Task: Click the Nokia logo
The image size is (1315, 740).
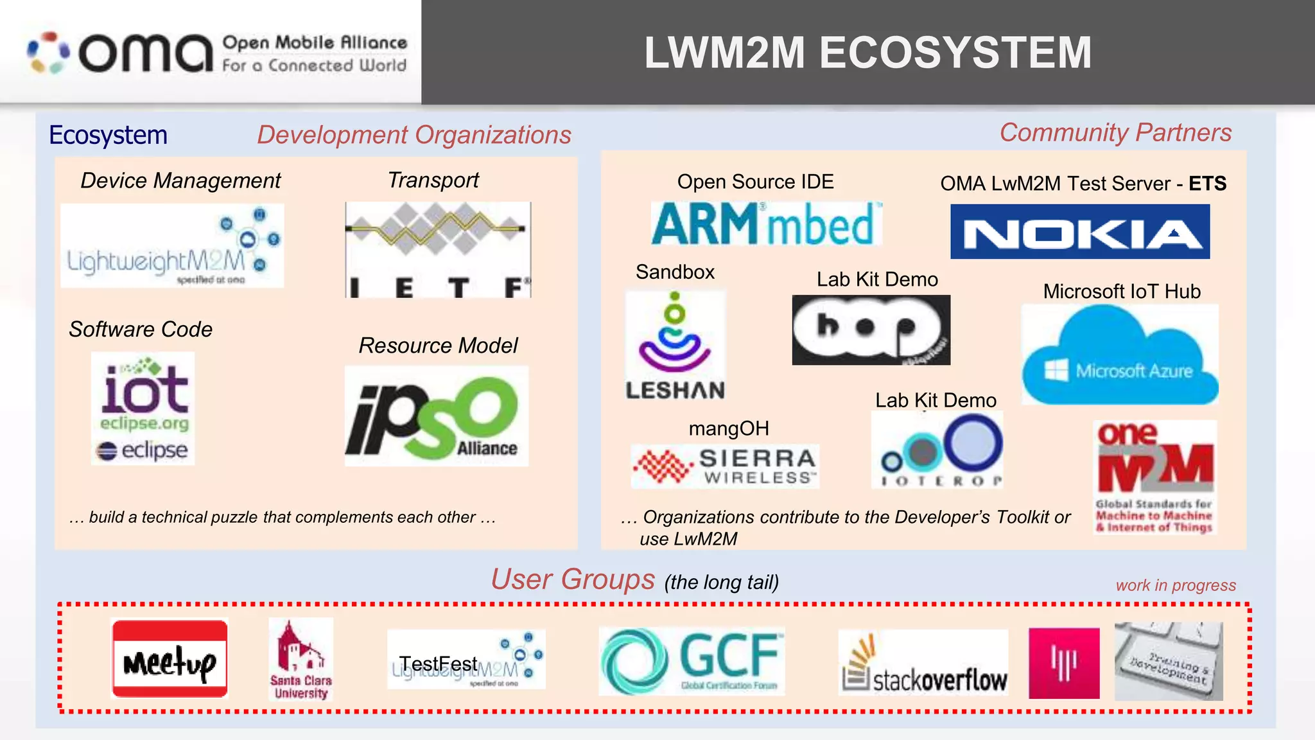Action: (1080, 232)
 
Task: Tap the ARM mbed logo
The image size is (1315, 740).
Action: (766, 224)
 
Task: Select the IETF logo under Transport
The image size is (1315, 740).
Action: (438, 250)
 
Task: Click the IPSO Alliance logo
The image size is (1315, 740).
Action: (436, 416)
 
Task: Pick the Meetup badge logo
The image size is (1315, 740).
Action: (170, 658)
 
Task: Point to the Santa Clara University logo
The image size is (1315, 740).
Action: (300, 658)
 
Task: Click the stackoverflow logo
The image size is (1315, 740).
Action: (923, 662)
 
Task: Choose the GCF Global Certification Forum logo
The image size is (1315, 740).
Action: (692, 662)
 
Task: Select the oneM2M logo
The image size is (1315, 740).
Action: (1155, 477)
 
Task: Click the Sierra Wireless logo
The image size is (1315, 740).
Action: (725, 466)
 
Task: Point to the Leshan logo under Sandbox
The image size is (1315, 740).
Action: (675, 346)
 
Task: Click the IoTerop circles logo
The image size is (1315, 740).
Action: (937, 450)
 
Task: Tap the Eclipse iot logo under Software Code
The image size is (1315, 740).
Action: (143, 409)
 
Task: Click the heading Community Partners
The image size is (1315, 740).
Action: (1115, 133)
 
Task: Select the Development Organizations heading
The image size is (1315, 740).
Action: (414, 135)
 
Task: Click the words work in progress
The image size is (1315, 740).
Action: (1175, 585)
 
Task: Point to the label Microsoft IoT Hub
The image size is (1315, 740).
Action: (1121, 292)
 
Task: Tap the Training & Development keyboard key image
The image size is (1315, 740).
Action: (1168, 662)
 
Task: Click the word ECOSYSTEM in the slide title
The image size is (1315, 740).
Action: (955, 53)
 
